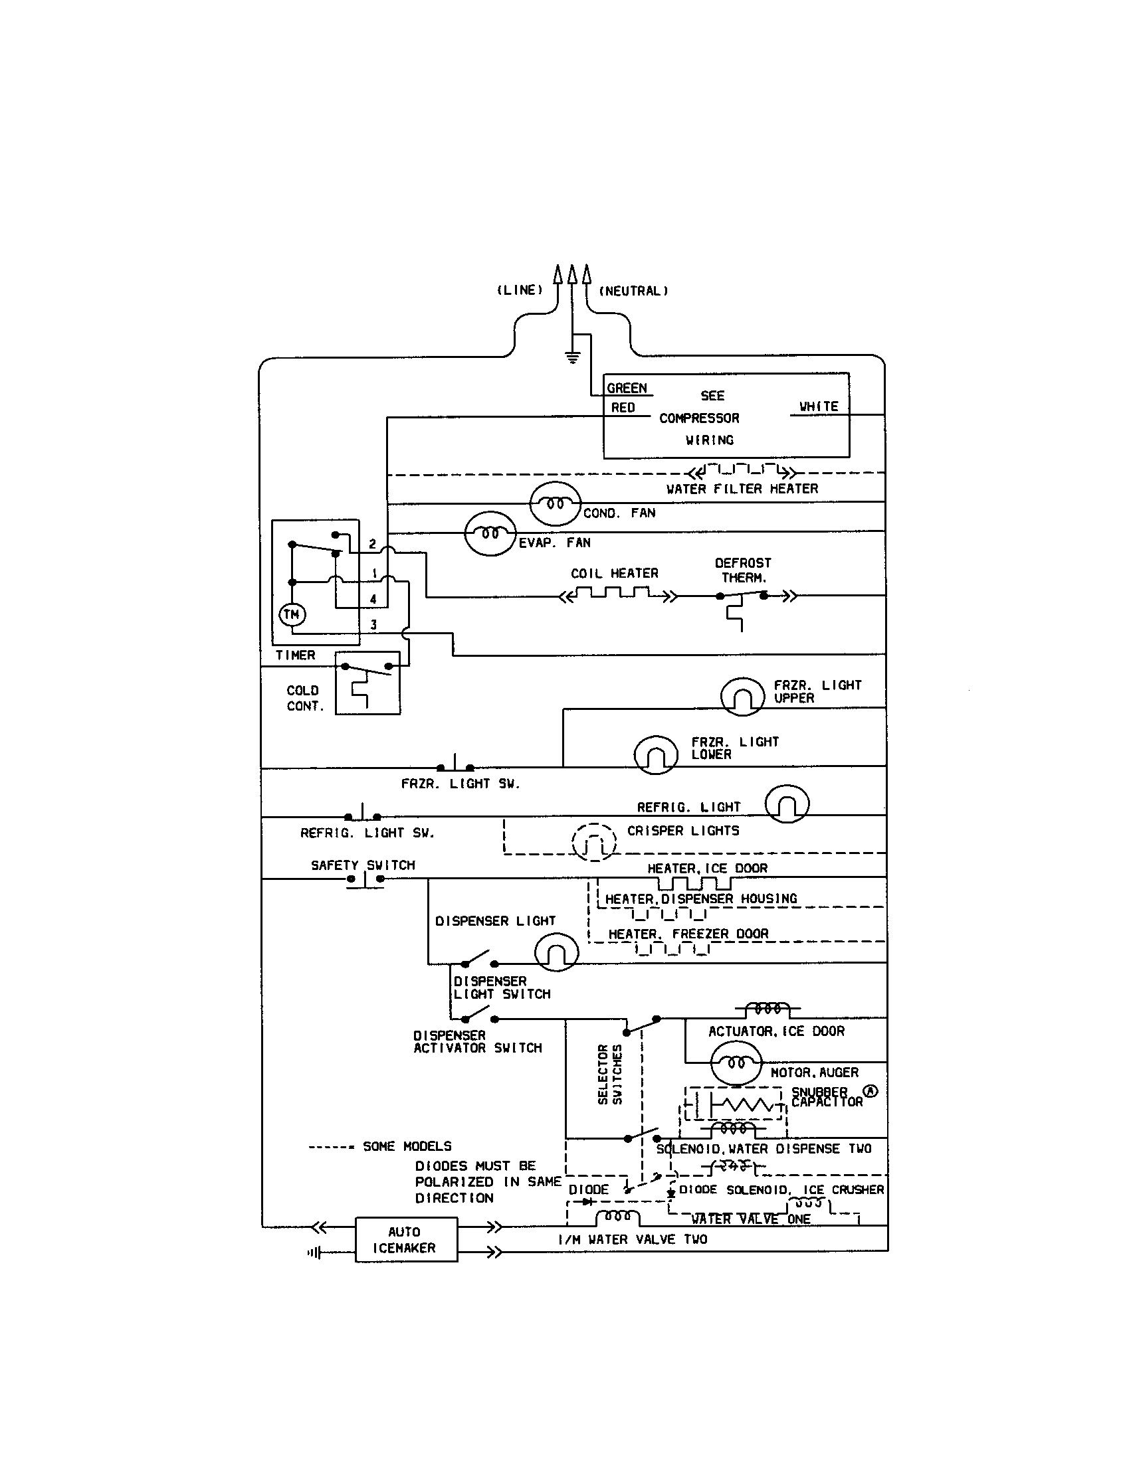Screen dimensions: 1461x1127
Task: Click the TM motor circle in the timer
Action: [x=292, y=614]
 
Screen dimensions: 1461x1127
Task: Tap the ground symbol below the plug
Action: [x=573, y=357]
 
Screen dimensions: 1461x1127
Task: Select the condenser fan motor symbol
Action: [x=555, y=503]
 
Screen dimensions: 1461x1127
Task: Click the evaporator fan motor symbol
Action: [x=490, y=533]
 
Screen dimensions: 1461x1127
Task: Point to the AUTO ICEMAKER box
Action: [x=405, y=1240]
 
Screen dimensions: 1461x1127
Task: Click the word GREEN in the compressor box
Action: [x=627, y=388]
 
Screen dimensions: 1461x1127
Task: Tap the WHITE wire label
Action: [x=818, y=406]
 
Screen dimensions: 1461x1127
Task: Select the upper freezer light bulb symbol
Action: [x=742, y=697]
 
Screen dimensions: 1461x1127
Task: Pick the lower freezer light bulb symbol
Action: [x=656, y=754]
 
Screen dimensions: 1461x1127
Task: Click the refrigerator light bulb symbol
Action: [x=787, y=804]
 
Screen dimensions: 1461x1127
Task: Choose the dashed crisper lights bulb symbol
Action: [x=593, y=842]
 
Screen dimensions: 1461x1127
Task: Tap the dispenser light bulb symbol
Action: [x=556, y=952]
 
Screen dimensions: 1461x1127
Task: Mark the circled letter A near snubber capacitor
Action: [x=870, y=1090]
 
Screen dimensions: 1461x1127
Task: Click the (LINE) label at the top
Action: [x=520, y=290]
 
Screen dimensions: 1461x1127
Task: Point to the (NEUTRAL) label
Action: [x=633, y=291]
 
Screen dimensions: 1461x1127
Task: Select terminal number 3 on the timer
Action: [x=373, y=624]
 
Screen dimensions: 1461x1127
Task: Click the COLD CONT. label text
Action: [x=304, y=698]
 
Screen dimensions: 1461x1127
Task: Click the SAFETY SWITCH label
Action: [x=363, y=865]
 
